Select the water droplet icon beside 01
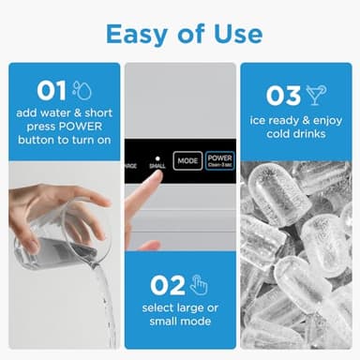click(x=82, y=90)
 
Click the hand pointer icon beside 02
click(x=198, y=285)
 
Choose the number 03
click(x=282, y=97)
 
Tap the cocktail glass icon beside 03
click(x=316, y=96)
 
